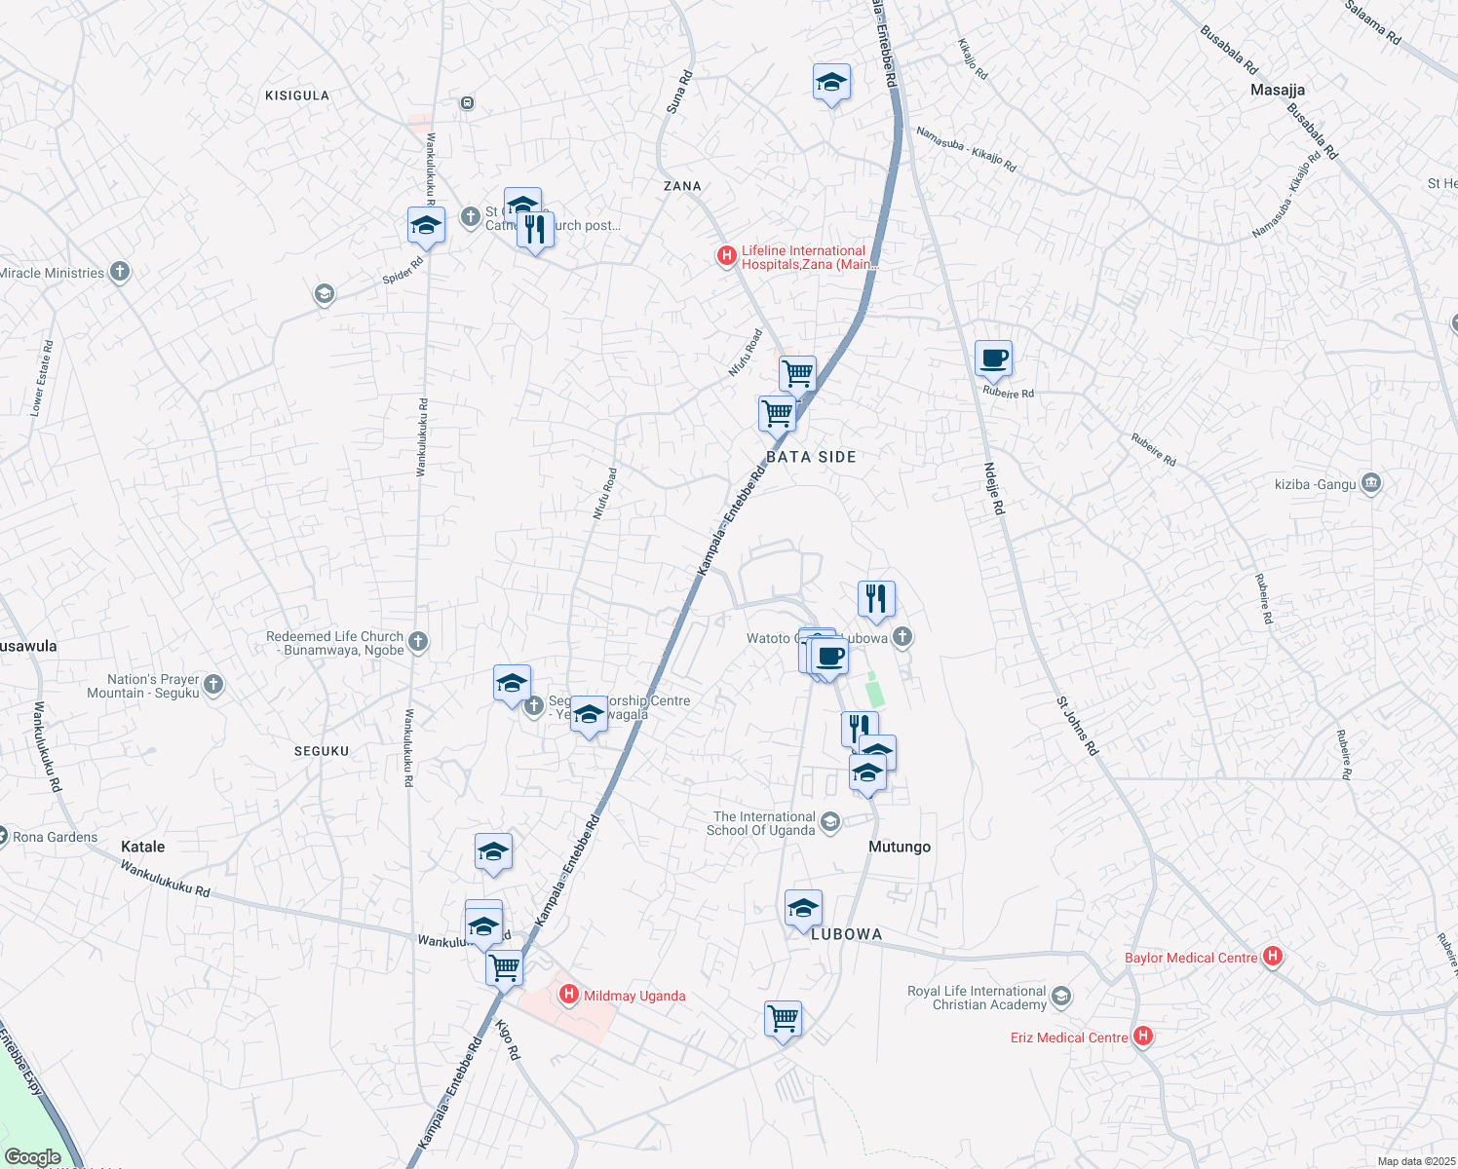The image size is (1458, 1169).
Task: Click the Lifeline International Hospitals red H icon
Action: (726, 256)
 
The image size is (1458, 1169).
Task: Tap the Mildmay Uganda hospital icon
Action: (569, 995)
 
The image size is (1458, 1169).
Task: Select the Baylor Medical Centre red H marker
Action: (1272, 957)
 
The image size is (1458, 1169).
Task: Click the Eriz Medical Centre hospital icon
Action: (1143, 1037)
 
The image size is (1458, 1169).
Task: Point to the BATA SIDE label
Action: (811, 457)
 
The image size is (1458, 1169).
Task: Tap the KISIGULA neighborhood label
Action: (297, 95)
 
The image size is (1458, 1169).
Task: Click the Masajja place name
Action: (1277, 90)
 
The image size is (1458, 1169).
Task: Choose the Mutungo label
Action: (899, 847)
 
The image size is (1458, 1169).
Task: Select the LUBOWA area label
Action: (846, 934)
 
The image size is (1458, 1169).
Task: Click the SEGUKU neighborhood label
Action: (322, 751)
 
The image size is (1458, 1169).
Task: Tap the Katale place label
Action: (142, 847)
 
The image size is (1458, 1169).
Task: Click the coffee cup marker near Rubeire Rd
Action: (993, 358)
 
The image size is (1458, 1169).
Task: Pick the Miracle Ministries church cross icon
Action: (120, 272)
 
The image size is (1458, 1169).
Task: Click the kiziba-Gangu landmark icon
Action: (1371, 483)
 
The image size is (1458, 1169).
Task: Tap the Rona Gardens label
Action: (55, 837)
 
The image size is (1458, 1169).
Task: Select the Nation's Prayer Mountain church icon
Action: (213, 685)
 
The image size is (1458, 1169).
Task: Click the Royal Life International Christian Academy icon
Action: (1061, 997)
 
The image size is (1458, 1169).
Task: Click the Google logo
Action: (32, 1157)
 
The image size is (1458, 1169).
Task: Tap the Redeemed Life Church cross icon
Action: (418, 641)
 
